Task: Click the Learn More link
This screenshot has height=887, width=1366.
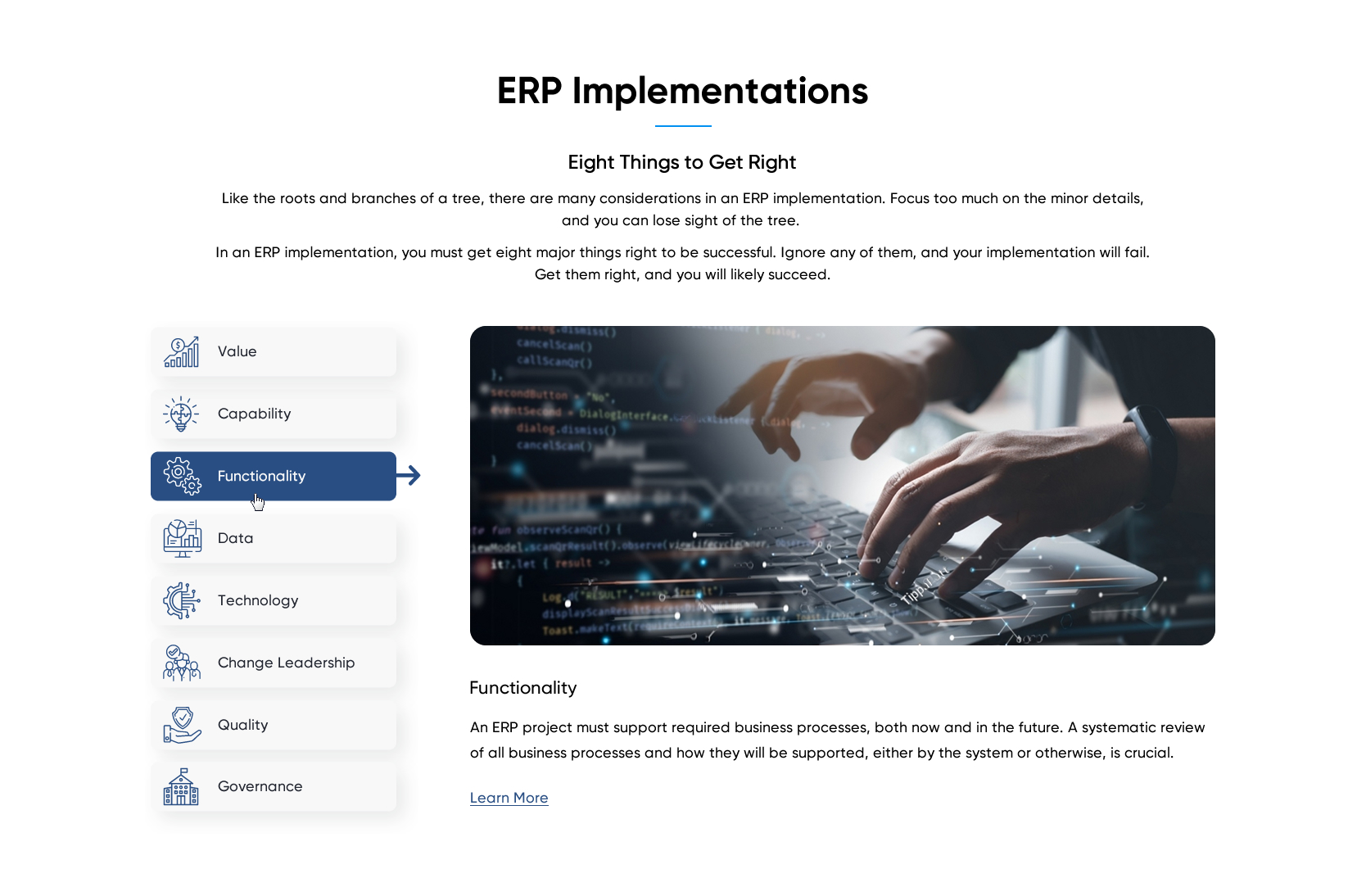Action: point(509,798)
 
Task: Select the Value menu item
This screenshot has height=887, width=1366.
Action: point(274,351)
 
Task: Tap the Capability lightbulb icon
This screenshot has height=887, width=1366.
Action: point(181,414)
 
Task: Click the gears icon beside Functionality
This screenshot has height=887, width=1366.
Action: point(182,476)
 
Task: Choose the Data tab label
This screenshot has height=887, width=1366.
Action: point(235,538)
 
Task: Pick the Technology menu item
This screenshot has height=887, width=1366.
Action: point(274,600)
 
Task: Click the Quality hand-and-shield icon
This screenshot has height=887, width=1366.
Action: point(182,725)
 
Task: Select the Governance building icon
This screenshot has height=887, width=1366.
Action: point(181,787)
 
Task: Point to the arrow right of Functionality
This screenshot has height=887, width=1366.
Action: point(409,475)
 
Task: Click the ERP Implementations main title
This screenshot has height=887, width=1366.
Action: point(682,91)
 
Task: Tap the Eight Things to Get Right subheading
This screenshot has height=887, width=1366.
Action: point(681,162)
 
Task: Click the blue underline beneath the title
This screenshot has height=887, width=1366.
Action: point(683,126)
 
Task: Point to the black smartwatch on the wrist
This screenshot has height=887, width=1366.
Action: point(1154,434)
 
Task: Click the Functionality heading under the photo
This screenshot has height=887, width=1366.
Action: point(522,688)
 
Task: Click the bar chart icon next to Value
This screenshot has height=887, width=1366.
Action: point(182,351)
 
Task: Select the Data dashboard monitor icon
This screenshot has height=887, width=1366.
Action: point(182,538)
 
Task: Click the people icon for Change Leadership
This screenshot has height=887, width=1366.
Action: point(181,663)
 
